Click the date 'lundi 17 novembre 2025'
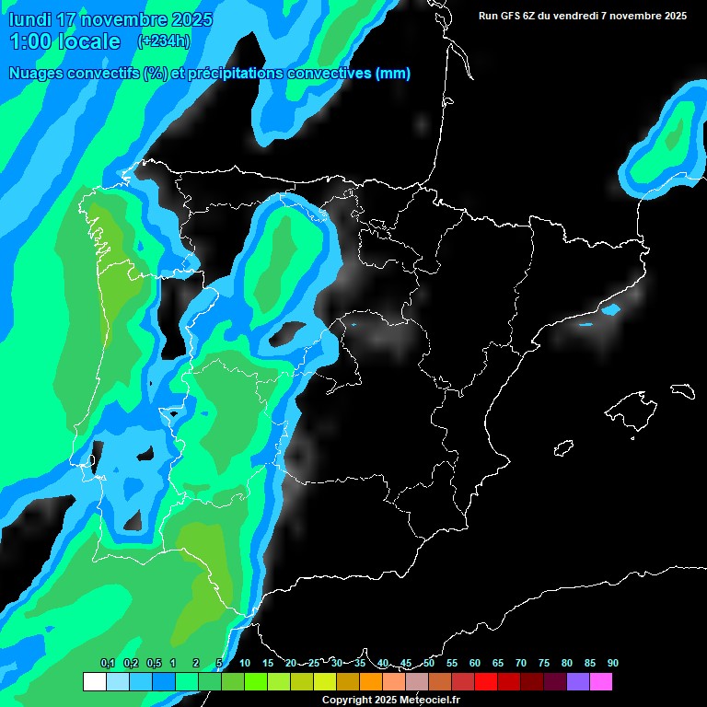(110, 19)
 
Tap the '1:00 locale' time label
(64, 41)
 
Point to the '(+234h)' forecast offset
(163, 41)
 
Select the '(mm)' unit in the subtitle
(393, 74)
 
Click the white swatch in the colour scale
(94, 681)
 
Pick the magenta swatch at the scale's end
(601, 681)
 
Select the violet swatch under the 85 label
(578, 681)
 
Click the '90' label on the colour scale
(612, 663)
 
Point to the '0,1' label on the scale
(108, 663)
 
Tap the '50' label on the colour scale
(429, 663)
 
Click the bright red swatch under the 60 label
(486, 681)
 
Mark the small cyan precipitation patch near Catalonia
(610, 309)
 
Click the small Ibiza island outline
(562, 448)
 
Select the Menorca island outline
(682, 390)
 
